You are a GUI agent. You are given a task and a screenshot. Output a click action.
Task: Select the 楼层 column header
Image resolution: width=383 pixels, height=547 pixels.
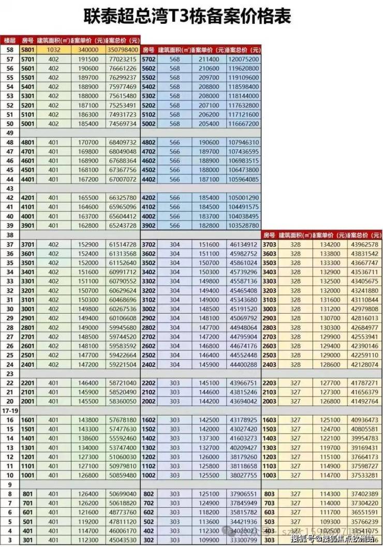coord(9,40)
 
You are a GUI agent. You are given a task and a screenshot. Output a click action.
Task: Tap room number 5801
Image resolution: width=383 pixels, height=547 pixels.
coord(27,50)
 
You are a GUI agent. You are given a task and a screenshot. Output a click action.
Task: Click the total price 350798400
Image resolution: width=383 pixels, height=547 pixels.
coord(123,50)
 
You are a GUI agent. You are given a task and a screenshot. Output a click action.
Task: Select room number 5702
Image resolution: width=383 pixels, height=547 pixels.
coord(149,60)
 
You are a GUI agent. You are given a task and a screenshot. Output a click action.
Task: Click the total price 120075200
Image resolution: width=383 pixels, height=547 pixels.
coord(243,60)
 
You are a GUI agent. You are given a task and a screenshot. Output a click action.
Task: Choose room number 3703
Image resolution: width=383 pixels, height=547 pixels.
coord(270,244)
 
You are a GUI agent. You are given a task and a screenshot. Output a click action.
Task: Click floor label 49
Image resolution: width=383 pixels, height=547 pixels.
coord(8,133)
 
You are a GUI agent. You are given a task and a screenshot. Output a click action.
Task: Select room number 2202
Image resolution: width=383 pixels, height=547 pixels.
coord(149,383)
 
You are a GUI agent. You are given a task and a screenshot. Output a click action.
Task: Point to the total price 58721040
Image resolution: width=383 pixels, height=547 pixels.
coord(123,383)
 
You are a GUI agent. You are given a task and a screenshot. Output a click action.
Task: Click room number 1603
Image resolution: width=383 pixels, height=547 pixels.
coord(270,420)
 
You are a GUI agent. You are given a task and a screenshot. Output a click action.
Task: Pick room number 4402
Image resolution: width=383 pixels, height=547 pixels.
coord(149,180)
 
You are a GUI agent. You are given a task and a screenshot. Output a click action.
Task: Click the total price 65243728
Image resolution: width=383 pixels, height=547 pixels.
coord(123,226)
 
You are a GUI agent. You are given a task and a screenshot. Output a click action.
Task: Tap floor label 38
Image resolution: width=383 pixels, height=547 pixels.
coord(8,235)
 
